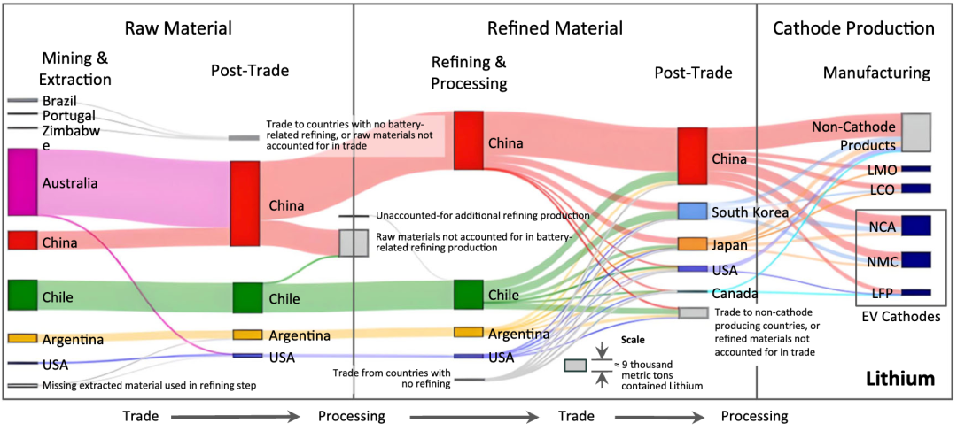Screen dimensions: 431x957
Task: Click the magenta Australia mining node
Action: coord(22,182)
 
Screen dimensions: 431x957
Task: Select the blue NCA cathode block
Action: coord(915,227)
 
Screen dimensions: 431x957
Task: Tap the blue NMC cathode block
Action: coord(915,260)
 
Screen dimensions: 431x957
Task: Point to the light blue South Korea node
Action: coord(692,211)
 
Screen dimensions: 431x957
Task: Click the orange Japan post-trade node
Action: coord(692,243)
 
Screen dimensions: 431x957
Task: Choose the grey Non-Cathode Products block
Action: coord(915,132)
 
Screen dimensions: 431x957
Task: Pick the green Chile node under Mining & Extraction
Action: coord(22,296)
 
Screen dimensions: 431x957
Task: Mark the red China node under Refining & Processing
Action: coord(469,140)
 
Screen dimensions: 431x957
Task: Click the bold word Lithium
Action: coord(900,379)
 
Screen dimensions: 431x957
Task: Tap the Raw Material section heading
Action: coord(178,28)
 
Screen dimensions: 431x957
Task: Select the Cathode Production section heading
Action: coord(853,28)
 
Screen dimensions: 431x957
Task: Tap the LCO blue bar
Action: coord(915,189)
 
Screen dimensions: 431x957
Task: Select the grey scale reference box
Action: coord(575,366)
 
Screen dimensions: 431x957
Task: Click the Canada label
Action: coord(735,293)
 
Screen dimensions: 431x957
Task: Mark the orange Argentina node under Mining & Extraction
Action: coord(22,338)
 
